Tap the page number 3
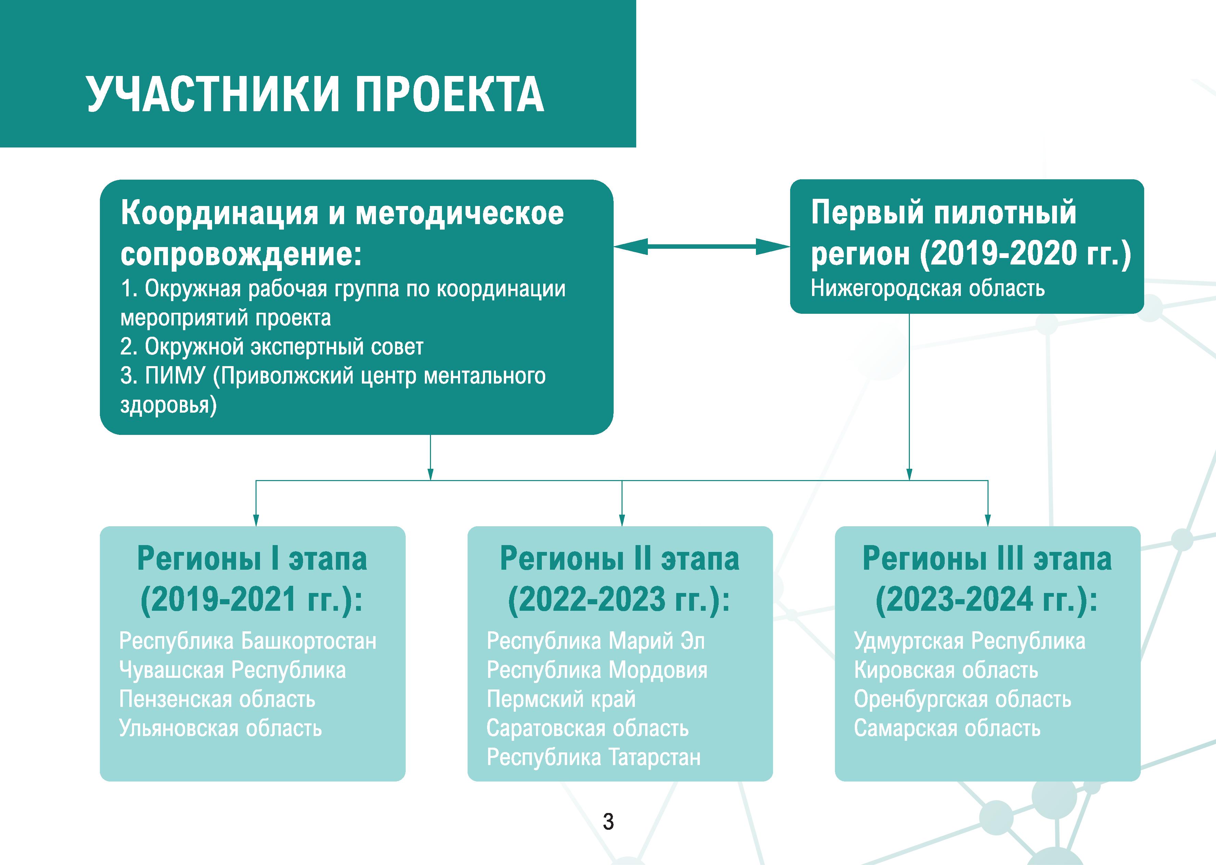coord(608,821)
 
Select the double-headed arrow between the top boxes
coord(702,247)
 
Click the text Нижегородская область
coord(927,289)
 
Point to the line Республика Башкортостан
coord(248,641)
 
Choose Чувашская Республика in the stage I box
coord(233,670)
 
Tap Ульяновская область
coord(220,728)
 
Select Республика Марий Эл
coord(596,641)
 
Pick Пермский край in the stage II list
coord(561,699)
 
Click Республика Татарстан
coord(593,757)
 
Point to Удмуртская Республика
coord(969,641)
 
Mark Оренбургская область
coord(963,699)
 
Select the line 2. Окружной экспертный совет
coord(272,347)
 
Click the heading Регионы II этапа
coord(620,559)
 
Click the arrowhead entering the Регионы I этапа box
coord(256,520)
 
